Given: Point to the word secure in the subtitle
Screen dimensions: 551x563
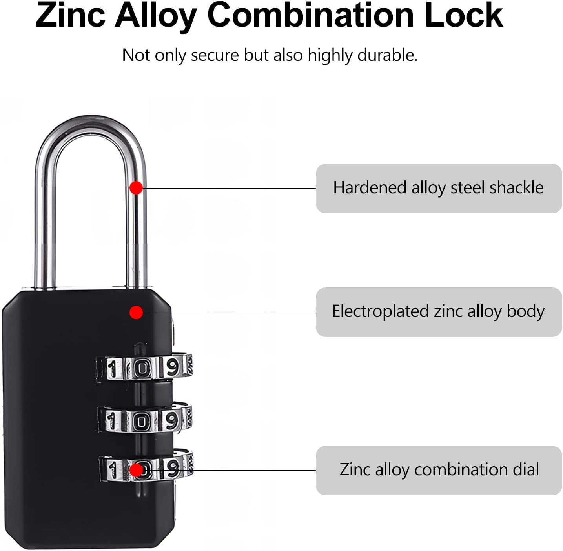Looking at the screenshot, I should (x=214, y=55).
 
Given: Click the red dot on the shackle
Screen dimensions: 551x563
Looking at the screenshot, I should (x=136, y=188).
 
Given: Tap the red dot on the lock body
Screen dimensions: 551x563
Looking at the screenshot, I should (x=136, y=313).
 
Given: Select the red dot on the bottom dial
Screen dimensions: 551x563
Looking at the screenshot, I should (x=136, y=470).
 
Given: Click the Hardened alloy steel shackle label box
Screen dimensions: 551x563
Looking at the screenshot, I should (x=439, y=189).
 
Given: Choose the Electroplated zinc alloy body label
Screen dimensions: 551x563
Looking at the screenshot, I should (x=439, y=312).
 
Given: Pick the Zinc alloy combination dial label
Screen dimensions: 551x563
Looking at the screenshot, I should (x=439, y=470).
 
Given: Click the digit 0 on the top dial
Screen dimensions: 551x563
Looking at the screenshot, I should (x=142, y=368).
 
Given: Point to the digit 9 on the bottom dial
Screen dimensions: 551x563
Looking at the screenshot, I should (x=173, y=468).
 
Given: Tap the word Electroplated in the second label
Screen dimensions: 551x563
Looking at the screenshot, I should (x=380, y=311).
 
